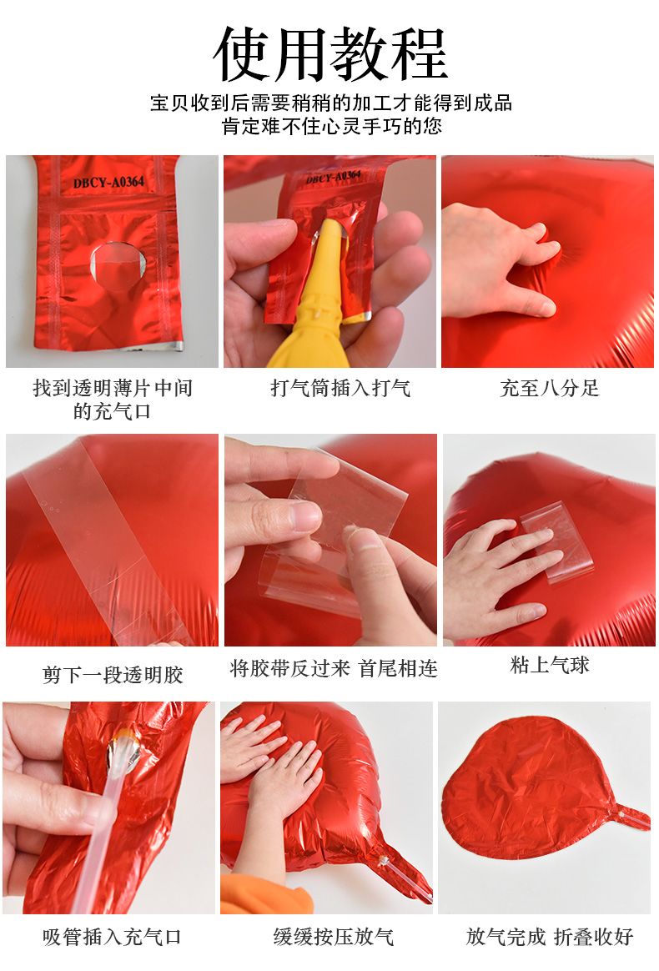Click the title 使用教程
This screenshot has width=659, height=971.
coord(330,54)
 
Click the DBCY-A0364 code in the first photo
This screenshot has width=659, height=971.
coord(108,182)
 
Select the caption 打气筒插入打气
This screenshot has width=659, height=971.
coord(340,388)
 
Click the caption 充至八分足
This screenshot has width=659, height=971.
coord(550,388)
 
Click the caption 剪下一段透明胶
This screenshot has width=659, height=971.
coord(113,674)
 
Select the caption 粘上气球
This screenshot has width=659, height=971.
coord(550,665)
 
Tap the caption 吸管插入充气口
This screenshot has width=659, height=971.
coord(112,937)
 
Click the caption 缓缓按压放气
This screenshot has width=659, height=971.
coord(334,936)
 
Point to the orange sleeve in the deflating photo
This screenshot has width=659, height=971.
coord(260,895)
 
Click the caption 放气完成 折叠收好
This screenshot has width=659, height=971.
coord(550,937)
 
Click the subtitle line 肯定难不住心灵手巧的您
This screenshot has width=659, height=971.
coord(332,126)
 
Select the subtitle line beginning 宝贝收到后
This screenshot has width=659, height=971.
coord(331,103)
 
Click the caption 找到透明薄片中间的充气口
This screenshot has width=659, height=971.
coord(112,400)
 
